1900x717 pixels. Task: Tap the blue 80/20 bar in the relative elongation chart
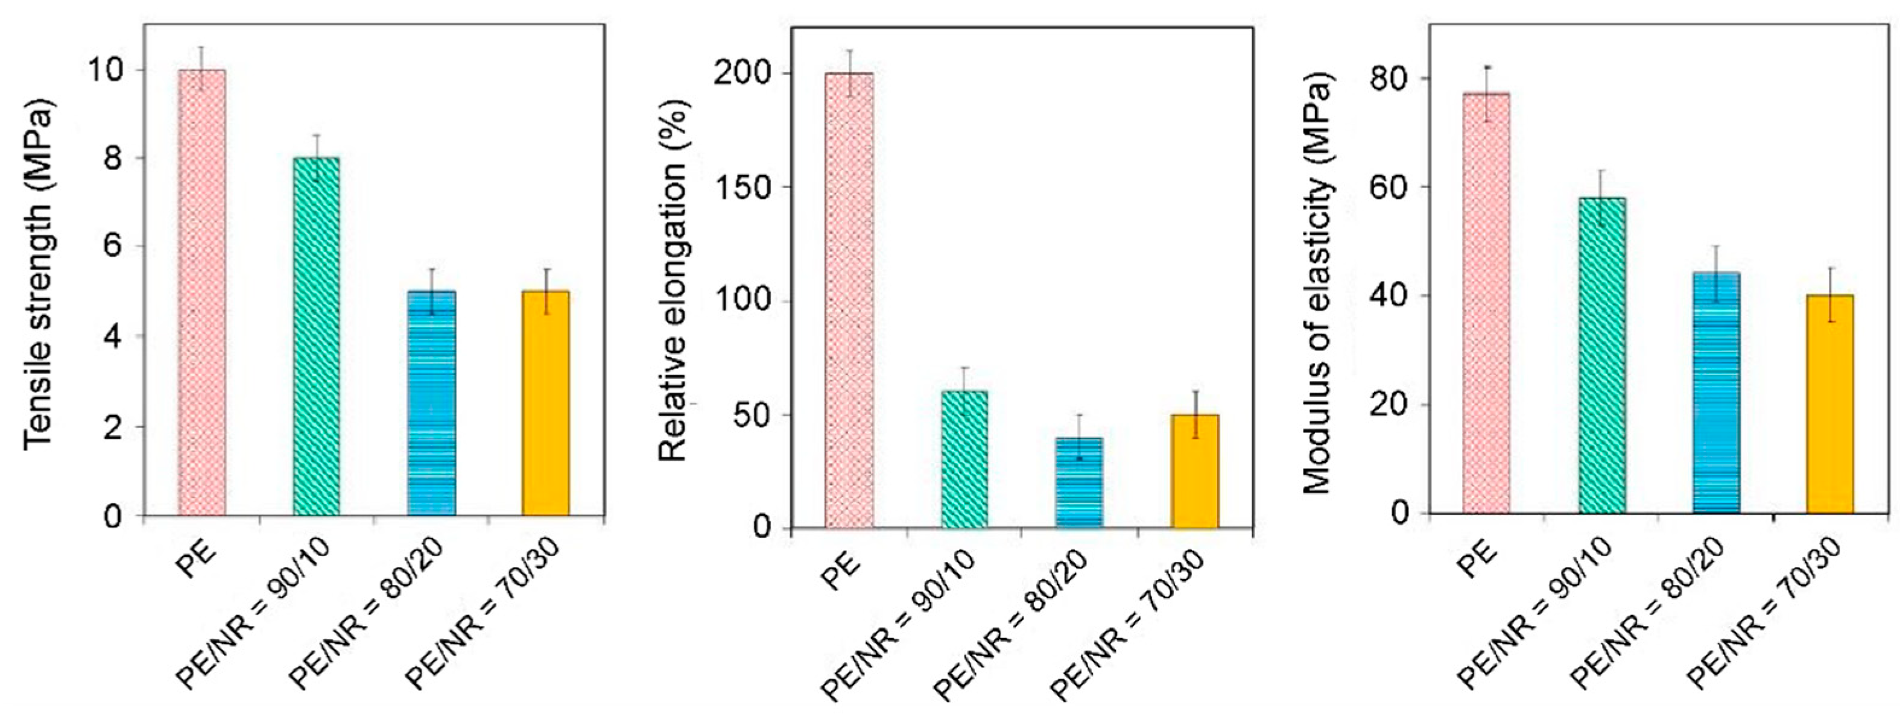click(1079, 482)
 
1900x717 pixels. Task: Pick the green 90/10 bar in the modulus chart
click(1602, 354)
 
